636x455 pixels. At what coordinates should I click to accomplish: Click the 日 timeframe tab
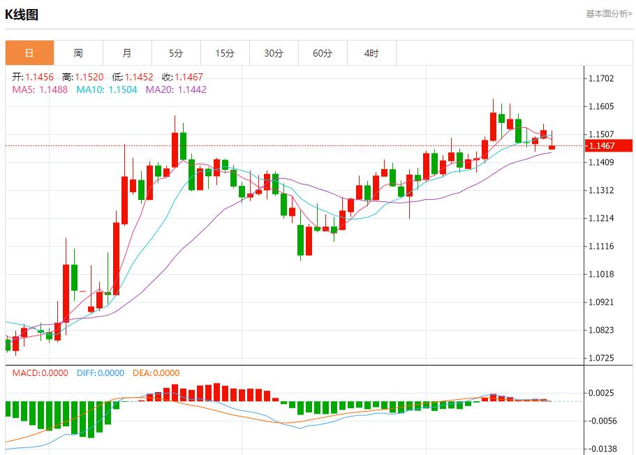29,53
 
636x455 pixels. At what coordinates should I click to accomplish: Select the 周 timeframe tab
78,53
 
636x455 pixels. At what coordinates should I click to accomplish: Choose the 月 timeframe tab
127,53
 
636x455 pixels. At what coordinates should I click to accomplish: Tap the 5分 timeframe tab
176,53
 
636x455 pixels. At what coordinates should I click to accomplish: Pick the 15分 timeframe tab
225,53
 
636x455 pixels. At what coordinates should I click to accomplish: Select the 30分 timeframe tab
274,53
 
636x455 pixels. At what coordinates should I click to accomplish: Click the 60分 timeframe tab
323,53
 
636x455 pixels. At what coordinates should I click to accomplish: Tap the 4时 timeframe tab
371,53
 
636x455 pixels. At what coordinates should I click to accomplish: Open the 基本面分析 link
608,13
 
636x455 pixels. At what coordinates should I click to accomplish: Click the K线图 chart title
22,14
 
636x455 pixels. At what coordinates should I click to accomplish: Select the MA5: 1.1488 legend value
40,89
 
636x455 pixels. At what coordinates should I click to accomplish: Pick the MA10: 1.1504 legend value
108,89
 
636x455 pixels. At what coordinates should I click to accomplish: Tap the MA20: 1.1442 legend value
176,89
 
